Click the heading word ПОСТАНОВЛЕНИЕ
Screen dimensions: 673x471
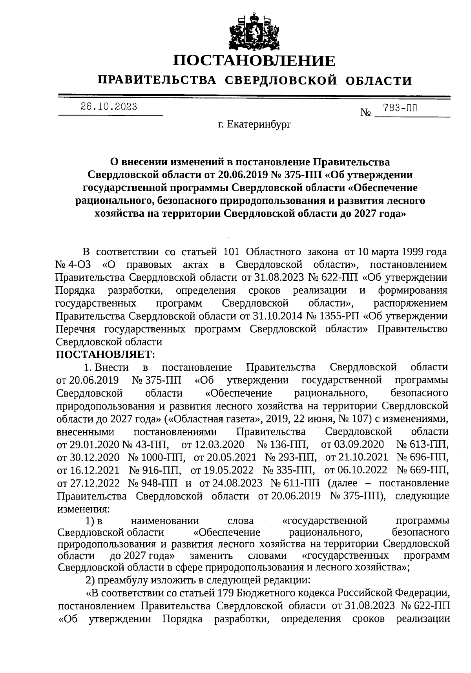pos(255,60)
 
